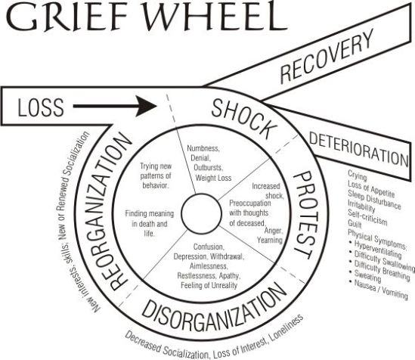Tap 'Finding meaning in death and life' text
pos(150,224)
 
